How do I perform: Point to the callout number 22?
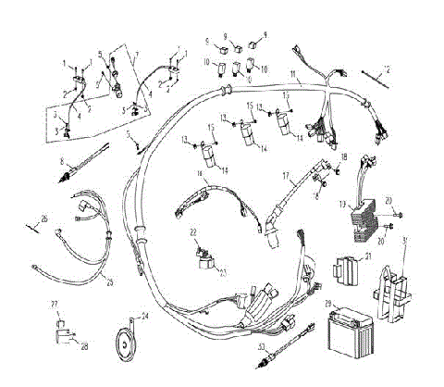193,231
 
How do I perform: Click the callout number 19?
342,202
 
